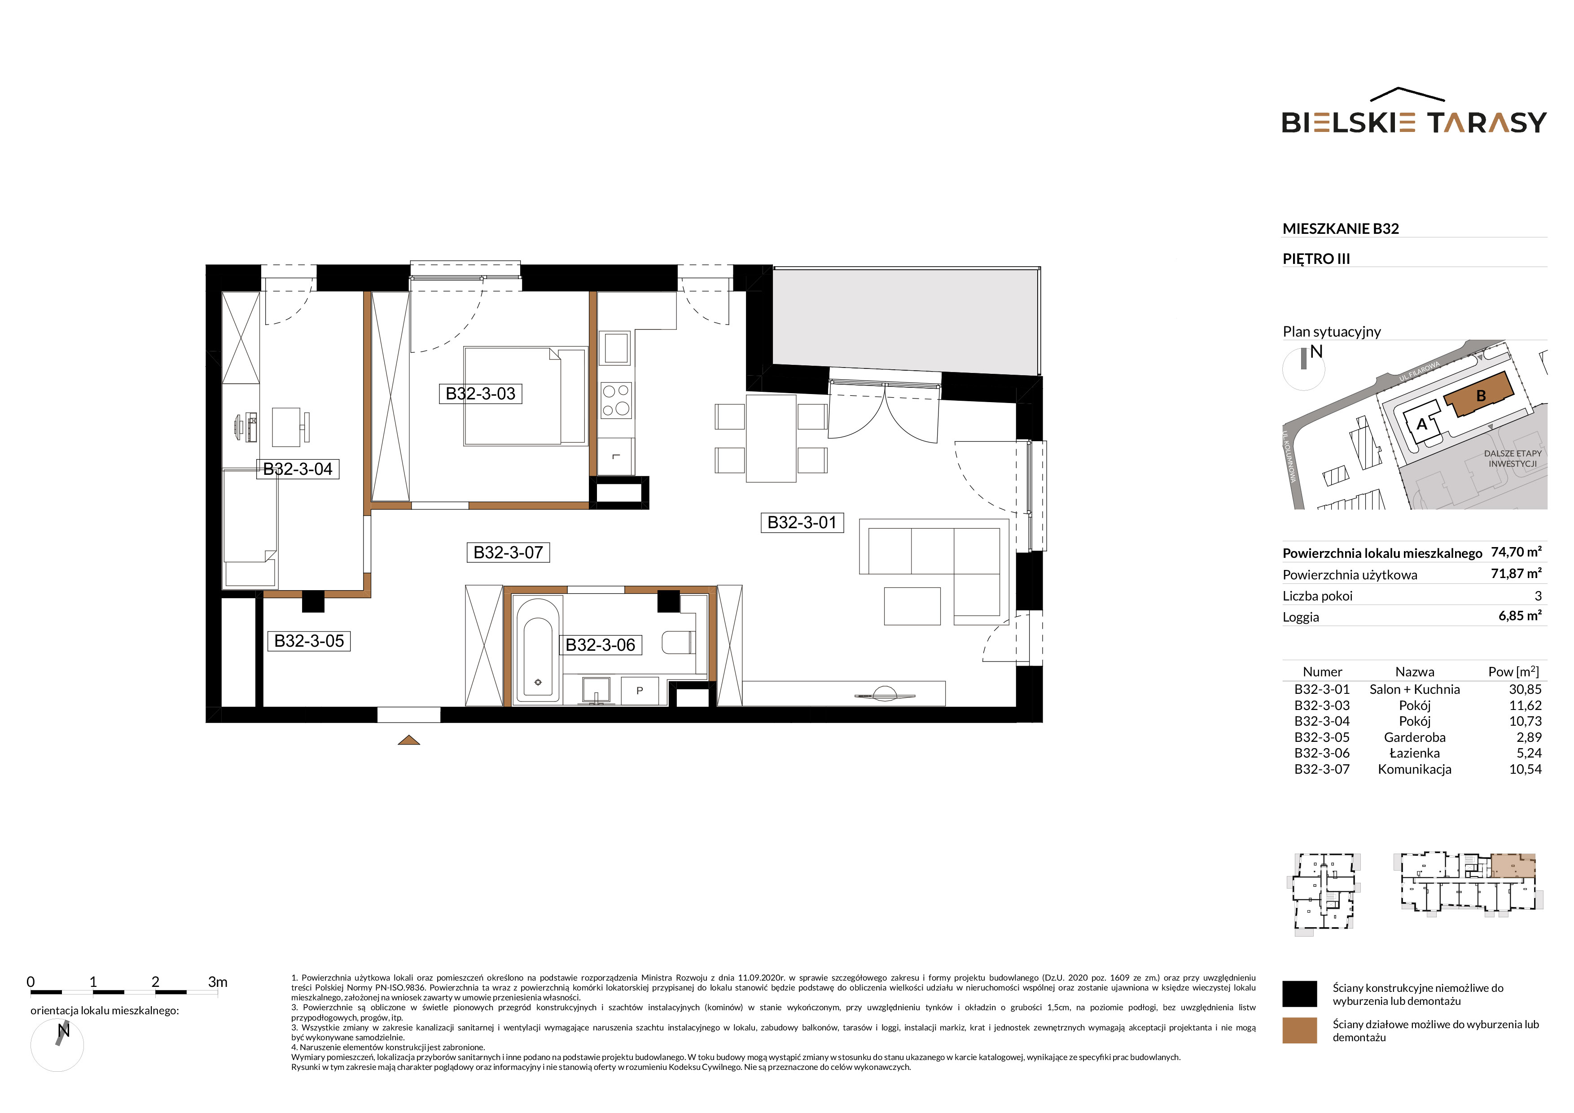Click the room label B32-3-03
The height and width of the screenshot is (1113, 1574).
(480, 394)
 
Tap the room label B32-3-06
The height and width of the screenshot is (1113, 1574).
(600, 645)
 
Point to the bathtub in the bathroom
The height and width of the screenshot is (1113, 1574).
(538, 650)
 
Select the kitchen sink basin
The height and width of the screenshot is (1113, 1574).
(615, 348)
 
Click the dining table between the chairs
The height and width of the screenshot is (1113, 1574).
(771, 438)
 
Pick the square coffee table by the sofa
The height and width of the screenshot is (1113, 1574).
(912, 606)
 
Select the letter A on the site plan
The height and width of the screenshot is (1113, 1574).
(1422, 424)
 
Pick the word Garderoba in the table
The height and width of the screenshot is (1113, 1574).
(1414, 737)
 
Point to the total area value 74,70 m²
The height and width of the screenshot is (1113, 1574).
(1517, 552)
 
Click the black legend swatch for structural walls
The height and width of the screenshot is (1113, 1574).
(1299, 994)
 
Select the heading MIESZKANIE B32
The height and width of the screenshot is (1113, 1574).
(1340, 229)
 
